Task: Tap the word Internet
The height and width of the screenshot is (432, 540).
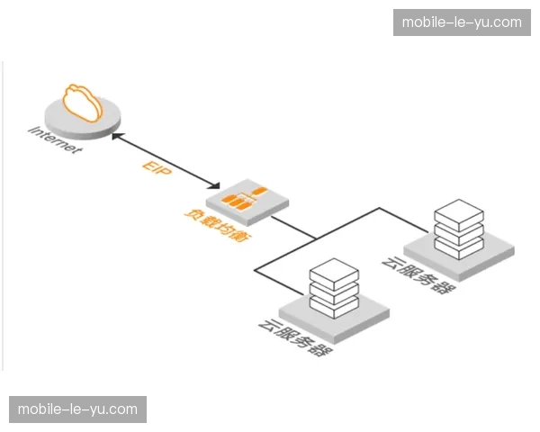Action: pos(56,140)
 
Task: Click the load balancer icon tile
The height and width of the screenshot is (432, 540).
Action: pos(238,199)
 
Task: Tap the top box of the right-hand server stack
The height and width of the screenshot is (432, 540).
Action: pos(458,215)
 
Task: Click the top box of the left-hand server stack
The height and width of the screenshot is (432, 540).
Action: pos(334,270)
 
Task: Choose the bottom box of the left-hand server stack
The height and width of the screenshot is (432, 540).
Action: pos(334,303)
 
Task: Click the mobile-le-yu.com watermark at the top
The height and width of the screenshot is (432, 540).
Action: pos(462,22)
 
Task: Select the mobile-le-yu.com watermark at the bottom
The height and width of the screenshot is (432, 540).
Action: pos(78,409)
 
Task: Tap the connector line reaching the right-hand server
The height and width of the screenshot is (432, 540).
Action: pos(396,215)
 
